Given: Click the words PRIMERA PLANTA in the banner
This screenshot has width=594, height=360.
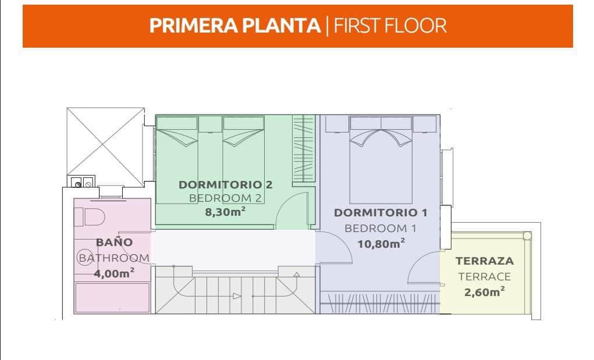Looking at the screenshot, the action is [235, 26].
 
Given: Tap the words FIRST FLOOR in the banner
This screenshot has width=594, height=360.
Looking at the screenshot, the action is [390, 26].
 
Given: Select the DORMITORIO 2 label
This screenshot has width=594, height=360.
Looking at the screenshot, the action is [225, 185].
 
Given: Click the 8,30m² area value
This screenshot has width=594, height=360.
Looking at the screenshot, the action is [225, 212].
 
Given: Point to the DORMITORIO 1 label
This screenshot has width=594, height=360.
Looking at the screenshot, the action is [380, 213].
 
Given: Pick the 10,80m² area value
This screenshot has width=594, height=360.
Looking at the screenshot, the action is [381, 243].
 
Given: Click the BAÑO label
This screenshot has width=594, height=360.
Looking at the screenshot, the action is [114, 242].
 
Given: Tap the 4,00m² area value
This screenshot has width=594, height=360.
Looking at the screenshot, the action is [114, 273].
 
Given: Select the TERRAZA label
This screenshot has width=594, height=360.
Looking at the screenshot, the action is [485, 261].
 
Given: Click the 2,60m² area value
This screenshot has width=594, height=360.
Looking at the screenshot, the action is [485, 292].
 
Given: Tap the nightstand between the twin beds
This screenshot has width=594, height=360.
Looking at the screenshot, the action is [210, 124].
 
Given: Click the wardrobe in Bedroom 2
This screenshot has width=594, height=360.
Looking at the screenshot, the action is [304, 149].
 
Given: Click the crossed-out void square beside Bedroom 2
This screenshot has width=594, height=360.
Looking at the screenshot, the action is [106, 147].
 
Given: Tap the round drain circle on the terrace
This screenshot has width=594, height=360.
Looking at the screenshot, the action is [527, 236].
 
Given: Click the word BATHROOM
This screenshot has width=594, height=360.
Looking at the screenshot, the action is [114, 258].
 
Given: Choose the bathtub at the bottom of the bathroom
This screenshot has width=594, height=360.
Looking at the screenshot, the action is [112, 298].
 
